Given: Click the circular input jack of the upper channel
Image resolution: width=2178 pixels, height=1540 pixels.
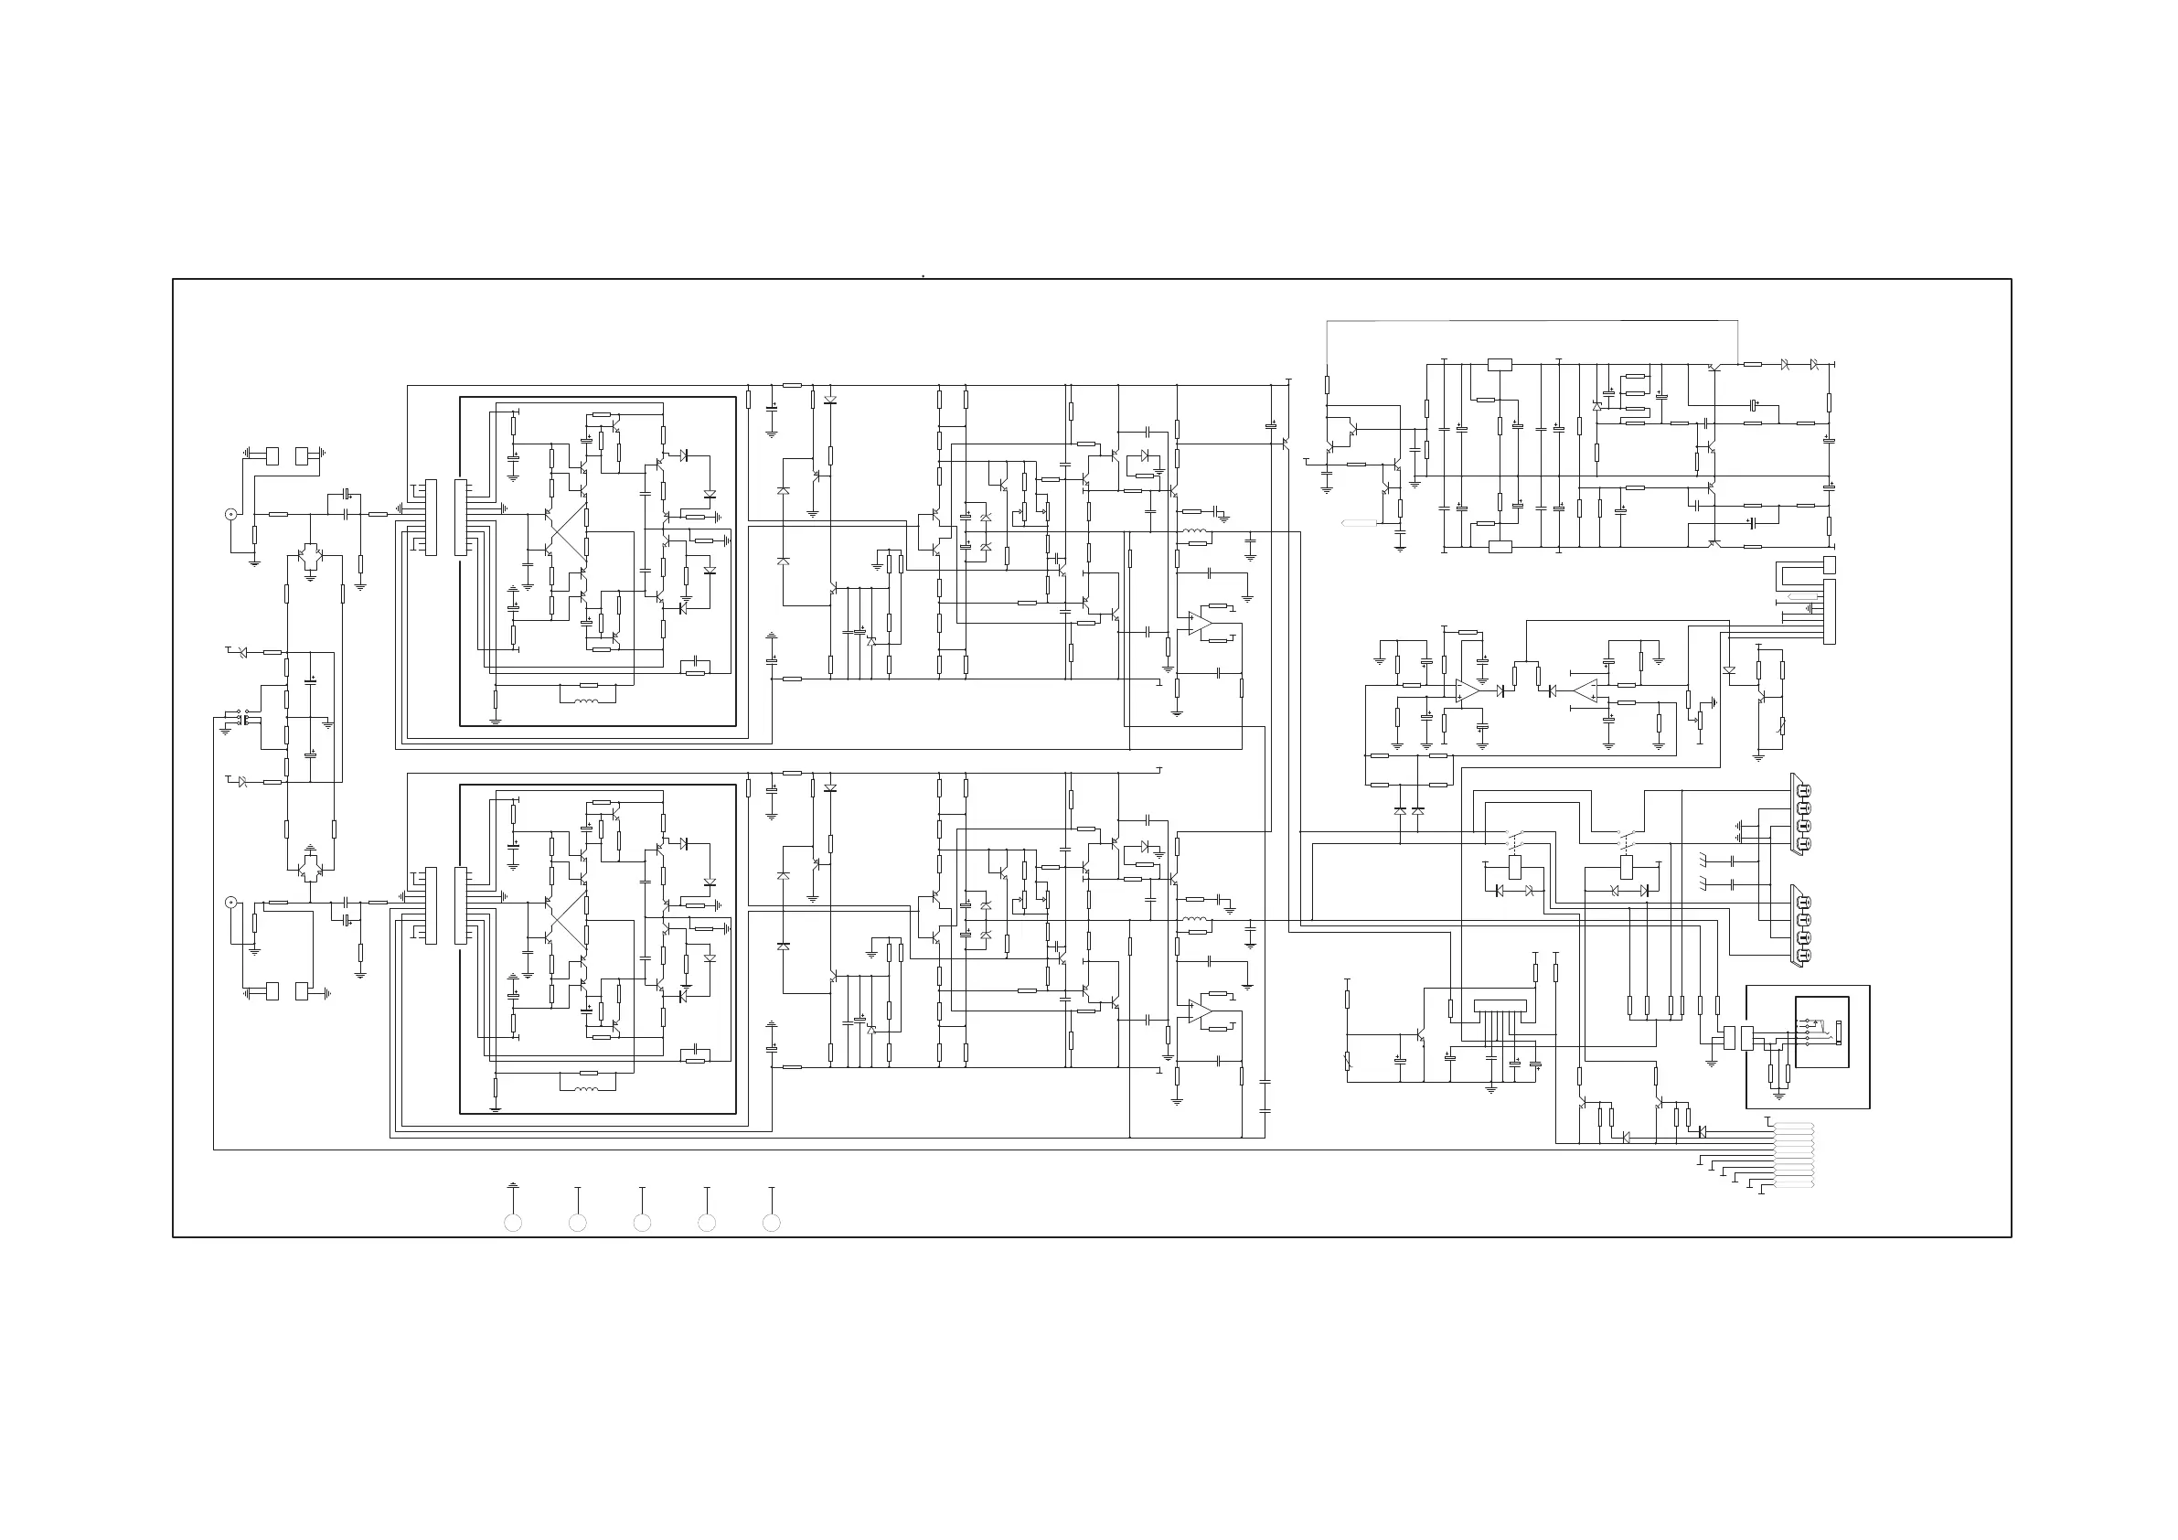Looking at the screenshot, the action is click(x=230, y=514).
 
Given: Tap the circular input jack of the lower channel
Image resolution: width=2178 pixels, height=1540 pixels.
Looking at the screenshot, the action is click(x=230, y=903).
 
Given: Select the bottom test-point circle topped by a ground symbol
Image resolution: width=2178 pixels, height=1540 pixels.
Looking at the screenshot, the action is click(x=512, y=1223).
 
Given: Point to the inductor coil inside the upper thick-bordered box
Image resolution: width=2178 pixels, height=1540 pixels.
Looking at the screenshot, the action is click(x=588, y=702).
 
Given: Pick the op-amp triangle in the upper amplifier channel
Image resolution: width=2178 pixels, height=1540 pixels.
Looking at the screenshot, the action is click(x=1200, y=624).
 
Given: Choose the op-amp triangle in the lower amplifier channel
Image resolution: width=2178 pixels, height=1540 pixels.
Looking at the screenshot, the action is click(x=1200, y=1011).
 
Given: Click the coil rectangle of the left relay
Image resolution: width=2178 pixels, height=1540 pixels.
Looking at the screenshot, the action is click(x=1515, y=865).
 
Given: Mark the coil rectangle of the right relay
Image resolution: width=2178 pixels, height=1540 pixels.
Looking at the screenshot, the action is click(x=1627, y=865).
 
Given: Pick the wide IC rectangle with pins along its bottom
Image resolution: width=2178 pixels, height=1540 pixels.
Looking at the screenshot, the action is click(x=1500, y=1005).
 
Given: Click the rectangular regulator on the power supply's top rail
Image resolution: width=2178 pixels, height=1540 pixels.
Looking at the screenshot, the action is click(x=1500, y=364).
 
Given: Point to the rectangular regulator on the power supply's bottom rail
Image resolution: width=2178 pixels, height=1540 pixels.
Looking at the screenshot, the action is click(x=1500, y=546).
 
